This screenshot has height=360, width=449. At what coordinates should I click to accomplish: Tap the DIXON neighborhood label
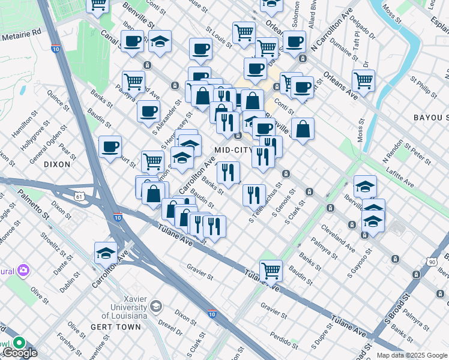click(58, 163)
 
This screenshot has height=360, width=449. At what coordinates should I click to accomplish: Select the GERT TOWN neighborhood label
click(115, 327)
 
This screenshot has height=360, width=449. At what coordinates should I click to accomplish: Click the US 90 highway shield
click(432, 262)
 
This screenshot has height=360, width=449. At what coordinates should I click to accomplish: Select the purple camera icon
click(23, 271)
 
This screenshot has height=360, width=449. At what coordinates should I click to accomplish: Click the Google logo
click(20, 353)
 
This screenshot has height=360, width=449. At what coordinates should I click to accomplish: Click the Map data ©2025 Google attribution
click(412, 355)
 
